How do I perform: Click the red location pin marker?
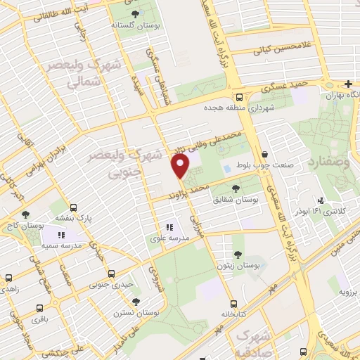point(181,166)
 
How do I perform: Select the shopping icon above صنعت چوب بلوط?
point(264,155)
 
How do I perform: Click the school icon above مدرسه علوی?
point(169,227)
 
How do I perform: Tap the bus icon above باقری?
point(40,307)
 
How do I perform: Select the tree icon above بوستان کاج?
point(26,215)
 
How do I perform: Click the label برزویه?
point(349,290)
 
